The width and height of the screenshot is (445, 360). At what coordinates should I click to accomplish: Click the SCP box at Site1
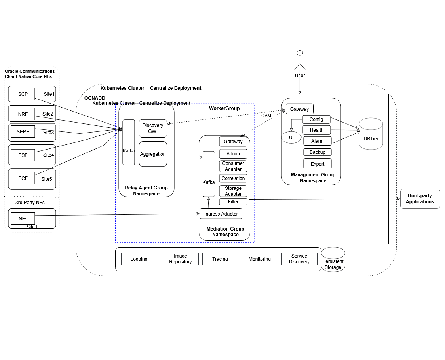pos(23,94)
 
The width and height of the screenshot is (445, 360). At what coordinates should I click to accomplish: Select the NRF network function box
pos(23,114)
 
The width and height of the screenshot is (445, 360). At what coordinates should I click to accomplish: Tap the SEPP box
pos(23,132)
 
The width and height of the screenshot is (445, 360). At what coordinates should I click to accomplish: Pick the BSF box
pos(23,155)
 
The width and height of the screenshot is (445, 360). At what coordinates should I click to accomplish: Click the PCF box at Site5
pos(23,178)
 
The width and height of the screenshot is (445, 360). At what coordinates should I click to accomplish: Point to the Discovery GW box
pos(153,129)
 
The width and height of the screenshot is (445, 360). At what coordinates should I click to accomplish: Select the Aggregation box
pos(153,154)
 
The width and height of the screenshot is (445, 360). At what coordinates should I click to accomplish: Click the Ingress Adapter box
pos(221,214)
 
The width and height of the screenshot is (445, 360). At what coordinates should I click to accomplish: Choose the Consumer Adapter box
pos(233,166)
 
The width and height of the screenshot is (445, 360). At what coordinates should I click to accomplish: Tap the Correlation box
pos(233,178)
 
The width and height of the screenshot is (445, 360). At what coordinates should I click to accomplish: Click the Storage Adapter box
pos(233,191)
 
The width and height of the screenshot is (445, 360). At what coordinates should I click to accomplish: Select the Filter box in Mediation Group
pos(233,202)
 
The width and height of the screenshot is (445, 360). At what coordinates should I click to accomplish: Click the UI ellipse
pos(291,138)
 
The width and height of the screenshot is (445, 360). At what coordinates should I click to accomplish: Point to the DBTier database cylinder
pos(371,135)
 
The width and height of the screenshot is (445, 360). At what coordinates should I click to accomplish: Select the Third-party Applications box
pos(420,199)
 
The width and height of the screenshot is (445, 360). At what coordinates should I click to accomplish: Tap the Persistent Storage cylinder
pos(333,260)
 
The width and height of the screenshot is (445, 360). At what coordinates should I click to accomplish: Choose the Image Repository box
pos(181,259)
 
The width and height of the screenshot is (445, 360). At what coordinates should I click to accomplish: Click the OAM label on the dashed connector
pos(266,116)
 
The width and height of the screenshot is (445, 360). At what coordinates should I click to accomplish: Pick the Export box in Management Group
pos(318,164)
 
